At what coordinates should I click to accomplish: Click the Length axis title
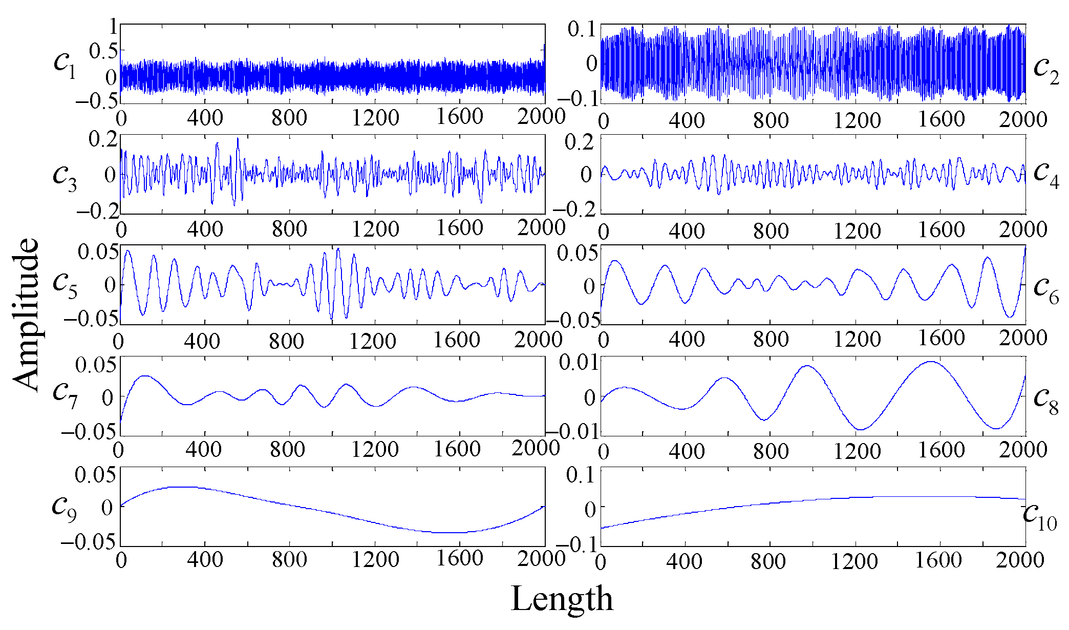tap(562, 598)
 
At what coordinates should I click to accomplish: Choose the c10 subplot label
tap(1040, 515)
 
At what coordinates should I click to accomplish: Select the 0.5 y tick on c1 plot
tap(103, 51)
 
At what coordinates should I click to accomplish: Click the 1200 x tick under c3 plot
tap(375, 228)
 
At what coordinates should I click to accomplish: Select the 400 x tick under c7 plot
tap(203, 449)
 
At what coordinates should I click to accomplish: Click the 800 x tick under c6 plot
tap(771, 339)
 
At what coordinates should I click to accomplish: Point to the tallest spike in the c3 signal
tap(238, 138)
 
